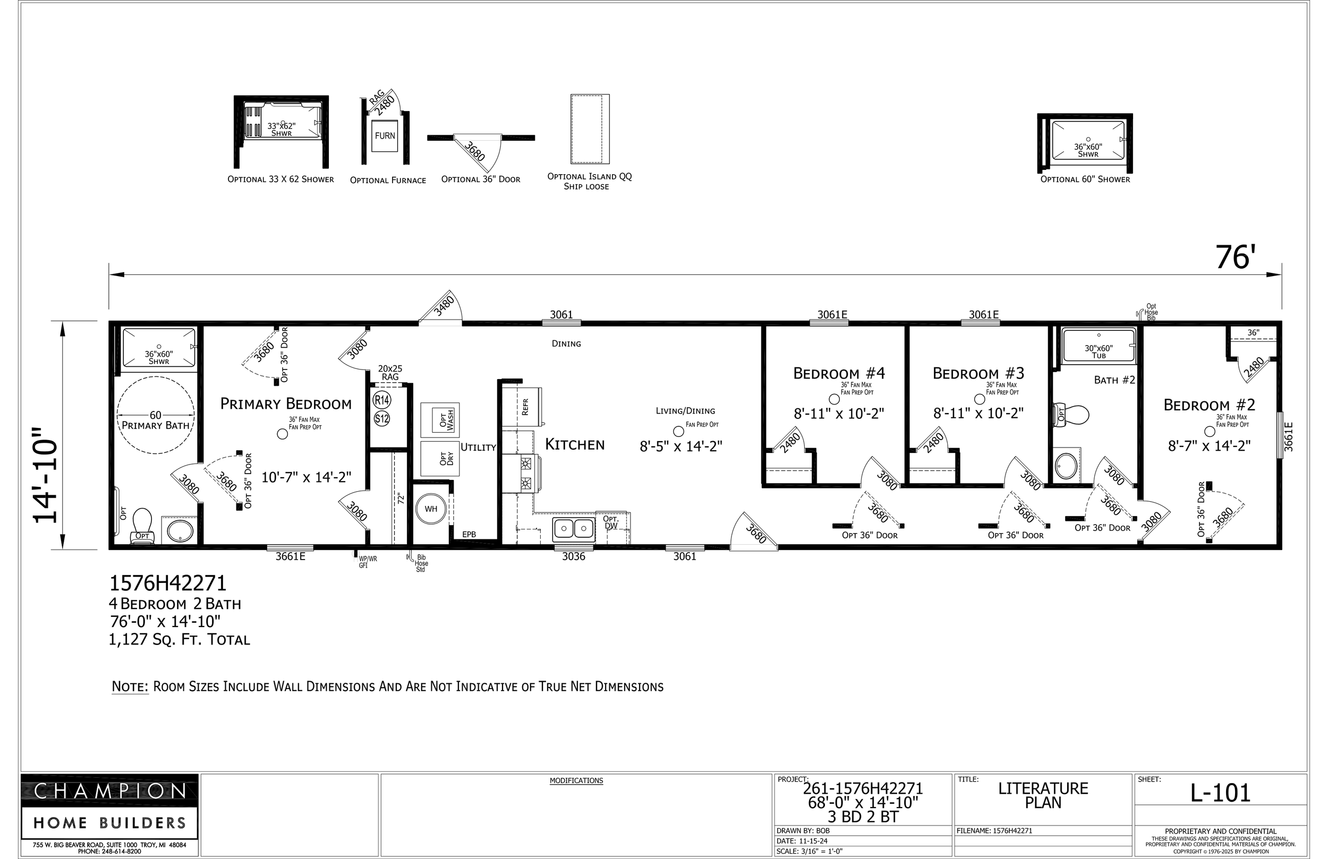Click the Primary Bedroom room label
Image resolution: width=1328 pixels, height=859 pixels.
click(286, 403)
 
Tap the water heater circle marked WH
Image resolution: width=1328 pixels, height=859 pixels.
click(431, 509)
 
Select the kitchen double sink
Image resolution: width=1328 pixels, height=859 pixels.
click(573, 528)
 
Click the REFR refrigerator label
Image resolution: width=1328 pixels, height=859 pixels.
click(524, 407)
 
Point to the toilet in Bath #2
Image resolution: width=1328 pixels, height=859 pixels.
click(1071, 415)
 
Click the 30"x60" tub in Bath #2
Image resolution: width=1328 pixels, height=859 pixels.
click(1099, 346)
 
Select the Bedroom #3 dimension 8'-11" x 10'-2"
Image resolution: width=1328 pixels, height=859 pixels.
click(978, 414)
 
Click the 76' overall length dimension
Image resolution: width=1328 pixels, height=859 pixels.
click(1236, 257)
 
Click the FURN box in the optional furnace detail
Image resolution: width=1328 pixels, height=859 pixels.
click(385, 135)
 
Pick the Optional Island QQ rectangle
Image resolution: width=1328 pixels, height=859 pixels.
click(590, 129)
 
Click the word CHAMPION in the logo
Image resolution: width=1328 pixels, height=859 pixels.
click(110, 791)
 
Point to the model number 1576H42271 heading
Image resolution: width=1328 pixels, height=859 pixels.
click(168, 583)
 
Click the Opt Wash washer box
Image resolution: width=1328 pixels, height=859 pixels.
click(440, 420)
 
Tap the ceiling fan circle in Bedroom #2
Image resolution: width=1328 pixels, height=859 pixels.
click(1210, 431)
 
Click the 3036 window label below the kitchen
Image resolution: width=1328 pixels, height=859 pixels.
click(574, 556)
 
